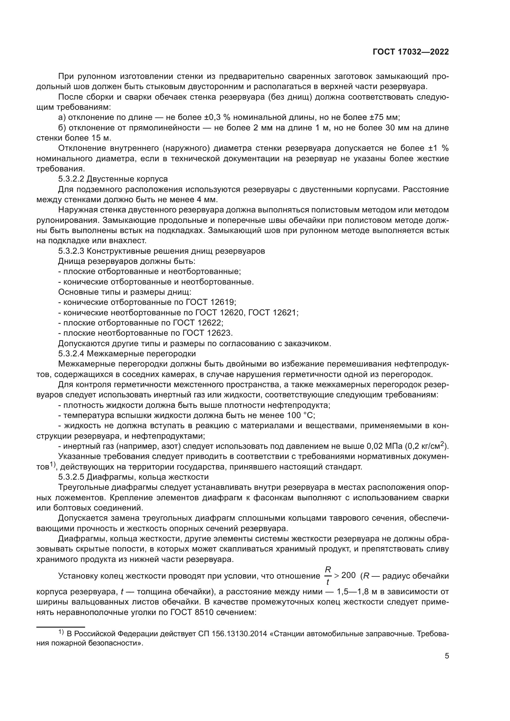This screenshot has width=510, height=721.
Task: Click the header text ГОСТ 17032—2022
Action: pos(410,52)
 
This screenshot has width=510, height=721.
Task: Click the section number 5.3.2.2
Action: pos(71,179)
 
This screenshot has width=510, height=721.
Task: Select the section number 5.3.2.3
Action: pos(71,251)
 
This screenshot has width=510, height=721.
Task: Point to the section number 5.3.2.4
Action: pos(71,354)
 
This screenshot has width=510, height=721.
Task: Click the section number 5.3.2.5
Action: pos(71,477)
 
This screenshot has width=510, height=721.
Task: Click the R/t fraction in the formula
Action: pos(328,576)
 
